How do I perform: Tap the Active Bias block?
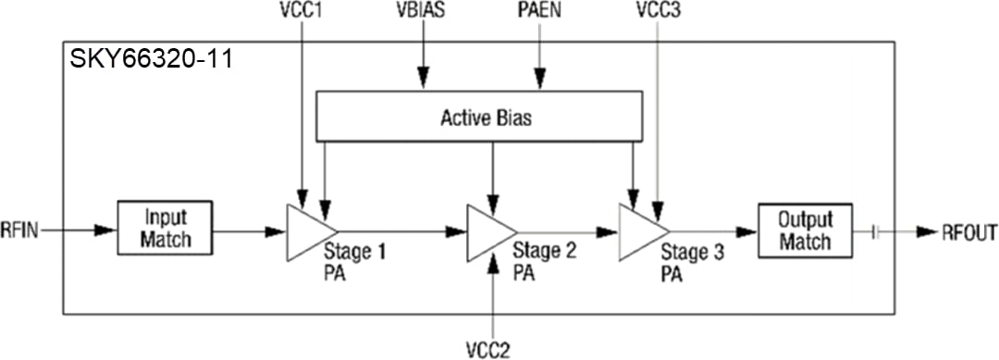pos(479,118)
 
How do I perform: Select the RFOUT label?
pos(968,231)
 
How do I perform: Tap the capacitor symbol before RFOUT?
pos(876,231)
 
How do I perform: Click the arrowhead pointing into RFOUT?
pos(925,231)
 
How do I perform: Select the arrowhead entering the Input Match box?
pos(108,228)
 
